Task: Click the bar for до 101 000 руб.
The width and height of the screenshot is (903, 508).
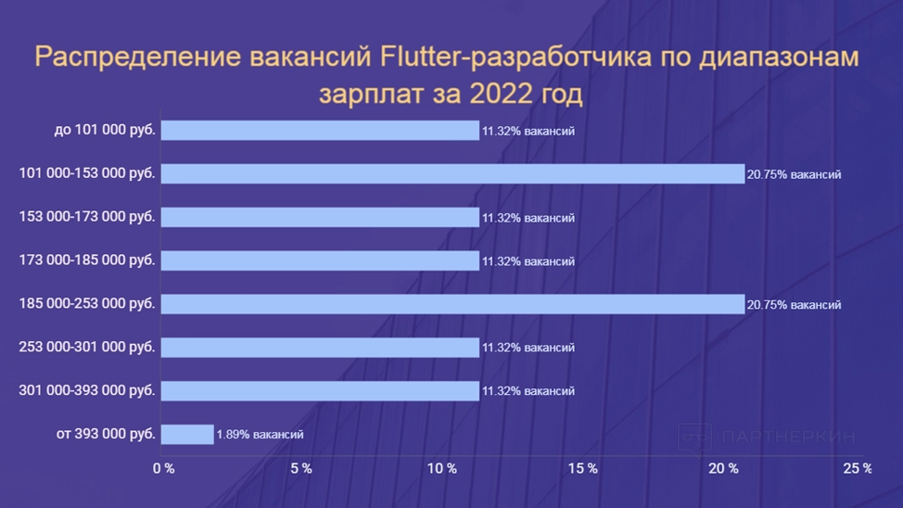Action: (320, 131)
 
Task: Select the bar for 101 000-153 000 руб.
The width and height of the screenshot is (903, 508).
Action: (452, 173)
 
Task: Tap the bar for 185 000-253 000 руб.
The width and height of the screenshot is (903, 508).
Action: (452, 304)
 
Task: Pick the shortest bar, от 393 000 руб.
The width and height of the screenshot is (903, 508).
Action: (187, 434)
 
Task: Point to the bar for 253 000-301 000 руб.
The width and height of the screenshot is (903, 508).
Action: (320, 348)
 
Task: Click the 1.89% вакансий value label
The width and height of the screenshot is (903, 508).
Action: (260, 434)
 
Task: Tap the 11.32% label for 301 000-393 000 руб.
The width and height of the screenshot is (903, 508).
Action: (528, 391)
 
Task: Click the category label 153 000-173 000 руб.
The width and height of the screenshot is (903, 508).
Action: (87, 217)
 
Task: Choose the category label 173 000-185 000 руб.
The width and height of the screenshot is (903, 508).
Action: (87, 260)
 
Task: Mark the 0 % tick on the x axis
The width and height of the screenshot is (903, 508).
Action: (163, 469)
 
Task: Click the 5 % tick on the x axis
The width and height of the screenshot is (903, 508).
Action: (301, 469)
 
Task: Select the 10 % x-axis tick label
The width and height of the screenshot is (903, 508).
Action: (441, 469)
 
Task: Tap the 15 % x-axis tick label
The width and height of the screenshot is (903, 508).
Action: (582, 469)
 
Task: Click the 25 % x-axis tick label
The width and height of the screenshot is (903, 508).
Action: (858, 469)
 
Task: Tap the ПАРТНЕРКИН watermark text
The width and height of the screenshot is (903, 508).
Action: (787, 437)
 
